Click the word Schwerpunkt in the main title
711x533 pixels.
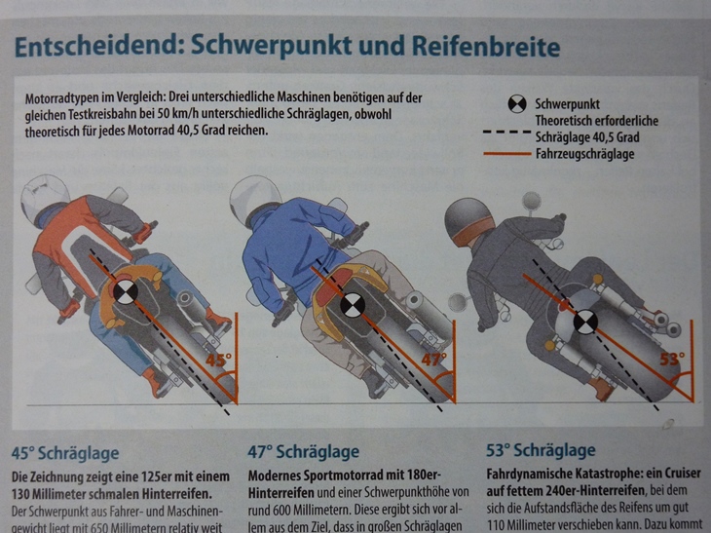(x=271, y=46)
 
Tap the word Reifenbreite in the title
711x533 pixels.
(x=486, y=46)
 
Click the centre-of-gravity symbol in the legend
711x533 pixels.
(x=517, y=104)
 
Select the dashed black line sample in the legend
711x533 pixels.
(x=506, y=132)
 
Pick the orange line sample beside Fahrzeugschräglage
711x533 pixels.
(x=506, y=154)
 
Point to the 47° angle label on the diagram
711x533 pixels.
(x=434, y=360)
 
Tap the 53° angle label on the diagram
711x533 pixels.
(x=672, y=360)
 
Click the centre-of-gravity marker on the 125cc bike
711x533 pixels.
(x=125, y=292)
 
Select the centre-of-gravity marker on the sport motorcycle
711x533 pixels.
(x=351, y=305)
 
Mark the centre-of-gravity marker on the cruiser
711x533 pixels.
(x=585, y=323)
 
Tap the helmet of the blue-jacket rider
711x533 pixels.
(x=254, y=200)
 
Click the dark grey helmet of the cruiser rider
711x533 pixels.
(x=468, y=222)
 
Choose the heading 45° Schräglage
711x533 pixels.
(x=65, y=453)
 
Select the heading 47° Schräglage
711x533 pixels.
(x=303, y=452)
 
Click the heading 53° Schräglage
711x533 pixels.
(x=541, y=450)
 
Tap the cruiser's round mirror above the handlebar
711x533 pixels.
(x=531, y=201)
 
